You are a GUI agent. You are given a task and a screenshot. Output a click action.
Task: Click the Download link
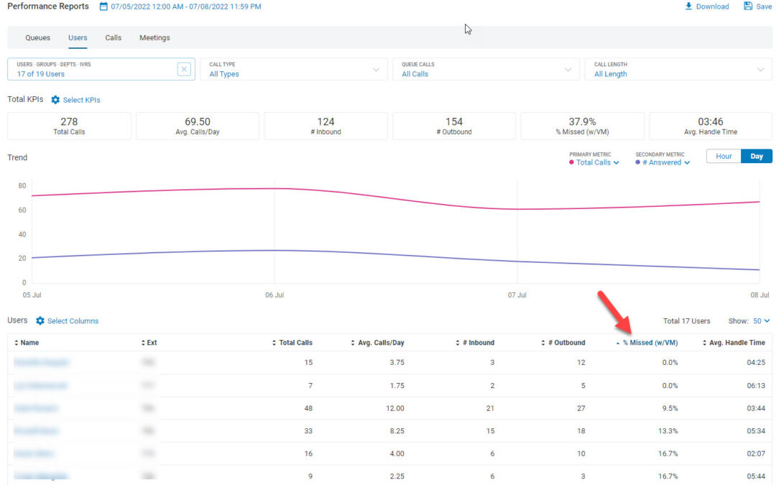pyautogui.click(x=707, y=6)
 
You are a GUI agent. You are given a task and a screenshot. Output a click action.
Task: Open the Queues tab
pyautogui.click(x=37, y=37)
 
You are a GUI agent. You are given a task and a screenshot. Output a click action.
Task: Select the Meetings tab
pyautogui.click(x=154, y=37)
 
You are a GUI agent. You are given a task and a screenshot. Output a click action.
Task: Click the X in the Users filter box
pyautogui.click(x=184, y=69)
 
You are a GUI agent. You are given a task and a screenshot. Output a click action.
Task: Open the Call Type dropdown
pyautogui.click(x=293, y=69)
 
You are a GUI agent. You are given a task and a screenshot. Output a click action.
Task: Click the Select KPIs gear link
pyautogui.click(x=75, y=100)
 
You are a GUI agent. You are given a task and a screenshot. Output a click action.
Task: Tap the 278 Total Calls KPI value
pyautogui.click(x=69, y=121)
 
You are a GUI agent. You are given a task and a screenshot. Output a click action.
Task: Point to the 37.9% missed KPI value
pyautogui.click(x=582, y=121)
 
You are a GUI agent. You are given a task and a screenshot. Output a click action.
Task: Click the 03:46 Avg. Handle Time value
pyautogui.click(x=710, y=121)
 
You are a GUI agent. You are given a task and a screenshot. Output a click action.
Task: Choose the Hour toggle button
pyautogui.click(x=724, y=156)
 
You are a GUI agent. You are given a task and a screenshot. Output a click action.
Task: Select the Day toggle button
pyautogui.click(x=757, y=156)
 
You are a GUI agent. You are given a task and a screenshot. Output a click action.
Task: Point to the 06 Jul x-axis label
pyautogui.click(x=274, y=295)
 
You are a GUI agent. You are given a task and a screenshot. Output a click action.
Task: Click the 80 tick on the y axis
pyautogui.click(x=22, y=186)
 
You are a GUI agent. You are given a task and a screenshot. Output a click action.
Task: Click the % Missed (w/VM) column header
pyautogui.click(x=650, y=343)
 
